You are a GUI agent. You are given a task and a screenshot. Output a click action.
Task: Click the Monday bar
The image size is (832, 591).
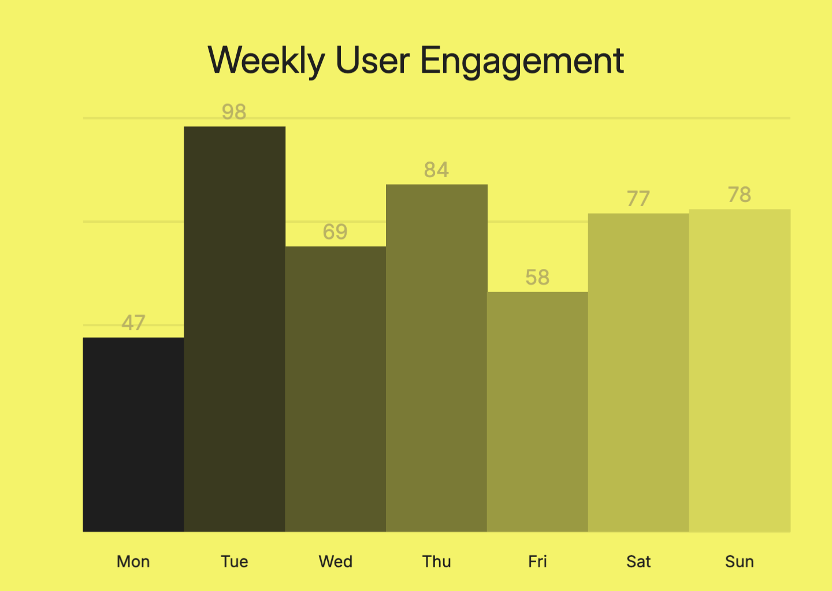click(133, 434)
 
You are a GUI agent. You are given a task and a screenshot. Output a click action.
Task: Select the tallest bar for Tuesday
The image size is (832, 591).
click(235, 329)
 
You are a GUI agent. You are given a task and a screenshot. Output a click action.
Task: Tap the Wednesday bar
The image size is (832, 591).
click(336, 389)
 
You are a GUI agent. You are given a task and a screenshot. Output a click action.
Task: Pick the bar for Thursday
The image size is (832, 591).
click(437, 358)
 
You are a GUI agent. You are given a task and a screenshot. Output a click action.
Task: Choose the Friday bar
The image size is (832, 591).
click(537, 412)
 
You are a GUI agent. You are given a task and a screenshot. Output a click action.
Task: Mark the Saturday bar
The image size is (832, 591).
click(638, 372)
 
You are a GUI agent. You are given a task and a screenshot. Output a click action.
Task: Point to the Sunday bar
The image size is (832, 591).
click(740, 370)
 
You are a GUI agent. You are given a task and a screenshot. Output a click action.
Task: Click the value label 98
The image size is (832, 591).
click(234, 111)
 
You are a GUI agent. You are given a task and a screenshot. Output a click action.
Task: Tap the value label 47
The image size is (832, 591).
click(133, 323)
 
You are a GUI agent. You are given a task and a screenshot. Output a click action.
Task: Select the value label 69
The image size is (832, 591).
click(335, 232)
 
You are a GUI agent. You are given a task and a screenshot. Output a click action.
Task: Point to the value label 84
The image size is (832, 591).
click(436, 170)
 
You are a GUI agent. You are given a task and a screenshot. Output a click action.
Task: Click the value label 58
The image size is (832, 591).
click(537, 278)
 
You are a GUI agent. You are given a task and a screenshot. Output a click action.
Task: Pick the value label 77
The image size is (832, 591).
click(638, 199)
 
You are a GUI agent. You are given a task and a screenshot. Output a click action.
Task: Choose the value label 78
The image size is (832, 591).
click(740, 194)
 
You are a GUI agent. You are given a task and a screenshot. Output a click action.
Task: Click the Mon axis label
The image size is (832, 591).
click(133, 562)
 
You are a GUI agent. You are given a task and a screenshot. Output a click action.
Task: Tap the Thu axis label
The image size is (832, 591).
click(437, 562)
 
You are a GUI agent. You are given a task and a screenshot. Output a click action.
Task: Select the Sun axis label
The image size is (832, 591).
click(740, 562)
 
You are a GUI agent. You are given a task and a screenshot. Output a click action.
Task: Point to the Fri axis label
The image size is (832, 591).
click(537, 562)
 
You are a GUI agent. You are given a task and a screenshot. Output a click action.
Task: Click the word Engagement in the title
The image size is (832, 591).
click(522, 61)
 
